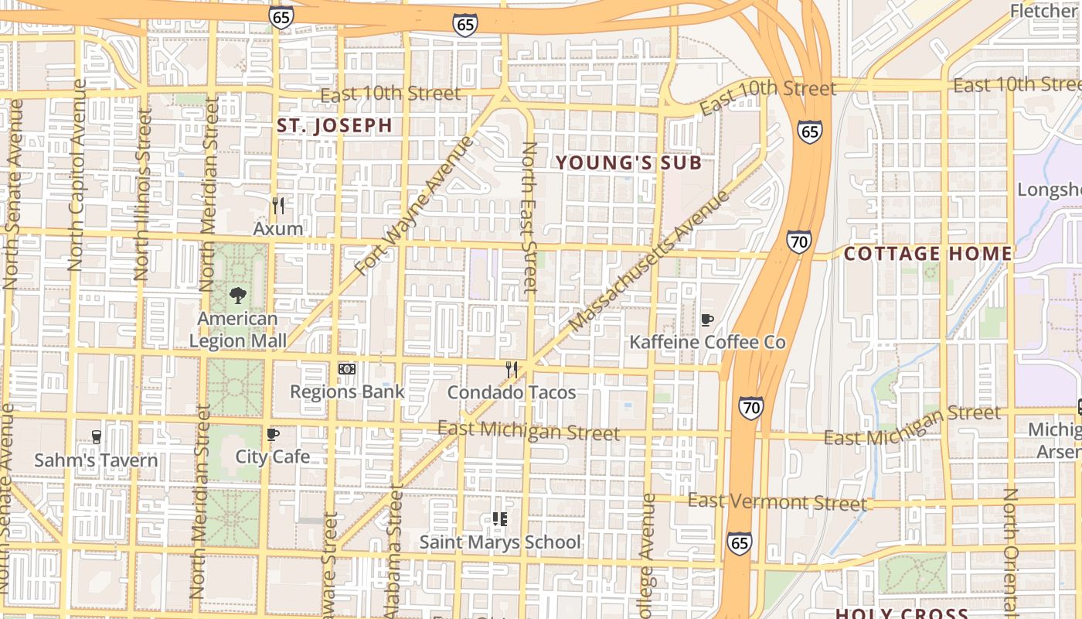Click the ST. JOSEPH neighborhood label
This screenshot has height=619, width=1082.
(335, 125)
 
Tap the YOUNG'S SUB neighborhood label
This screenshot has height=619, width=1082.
(629, 162)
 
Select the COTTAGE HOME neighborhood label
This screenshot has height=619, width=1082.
(927, 254)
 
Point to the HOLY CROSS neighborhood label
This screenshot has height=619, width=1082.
(901, 614)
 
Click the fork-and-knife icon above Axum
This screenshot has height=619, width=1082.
(278, 206)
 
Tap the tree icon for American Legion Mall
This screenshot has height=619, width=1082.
(238, 295)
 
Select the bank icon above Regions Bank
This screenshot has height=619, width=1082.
(347, 369)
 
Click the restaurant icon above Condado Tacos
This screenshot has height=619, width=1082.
(511, 370)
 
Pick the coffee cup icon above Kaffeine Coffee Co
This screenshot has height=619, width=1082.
(706, 320)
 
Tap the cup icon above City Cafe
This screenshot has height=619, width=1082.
(272, 435)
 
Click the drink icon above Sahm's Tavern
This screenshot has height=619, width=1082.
(96, 437)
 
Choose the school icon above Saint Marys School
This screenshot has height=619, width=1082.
(499, 519)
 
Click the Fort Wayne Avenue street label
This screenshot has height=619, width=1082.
(414, 206)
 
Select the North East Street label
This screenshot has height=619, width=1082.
(529, 217)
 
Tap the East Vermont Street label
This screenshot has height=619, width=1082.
(777, 501)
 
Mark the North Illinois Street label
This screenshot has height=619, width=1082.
(142, 193)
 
